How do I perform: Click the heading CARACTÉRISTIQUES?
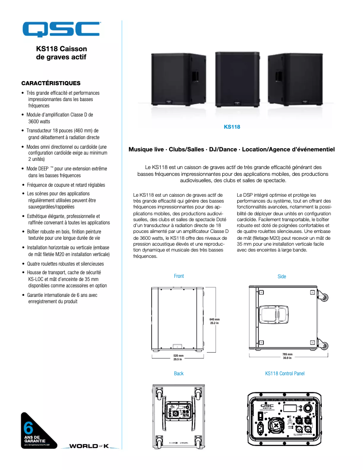click(51, 83)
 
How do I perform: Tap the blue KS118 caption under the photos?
click(232, 127)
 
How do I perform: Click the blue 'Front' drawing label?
click(179, 276)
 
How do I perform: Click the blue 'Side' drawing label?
click(282, 276)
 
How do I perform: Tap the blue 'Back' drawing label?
click(179, 373)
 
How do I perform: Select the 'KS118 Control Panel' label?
click(285, 373)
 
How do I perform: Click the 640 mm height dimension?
click(215, 321)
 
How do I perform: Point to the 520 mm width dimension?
click(178, 358)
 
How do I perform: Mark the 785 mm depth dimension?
click(287, 356)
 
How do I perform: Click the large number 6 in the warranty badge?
click(28, 426)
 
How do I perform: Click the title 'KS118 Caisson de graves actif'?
click(61, 53)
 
